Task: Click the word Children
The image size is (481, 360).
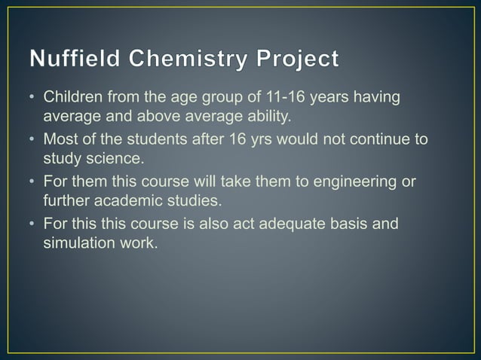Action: click(x=70, y=98)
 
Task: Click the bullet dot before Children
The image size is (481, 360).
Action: click(x=32, y=99)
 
